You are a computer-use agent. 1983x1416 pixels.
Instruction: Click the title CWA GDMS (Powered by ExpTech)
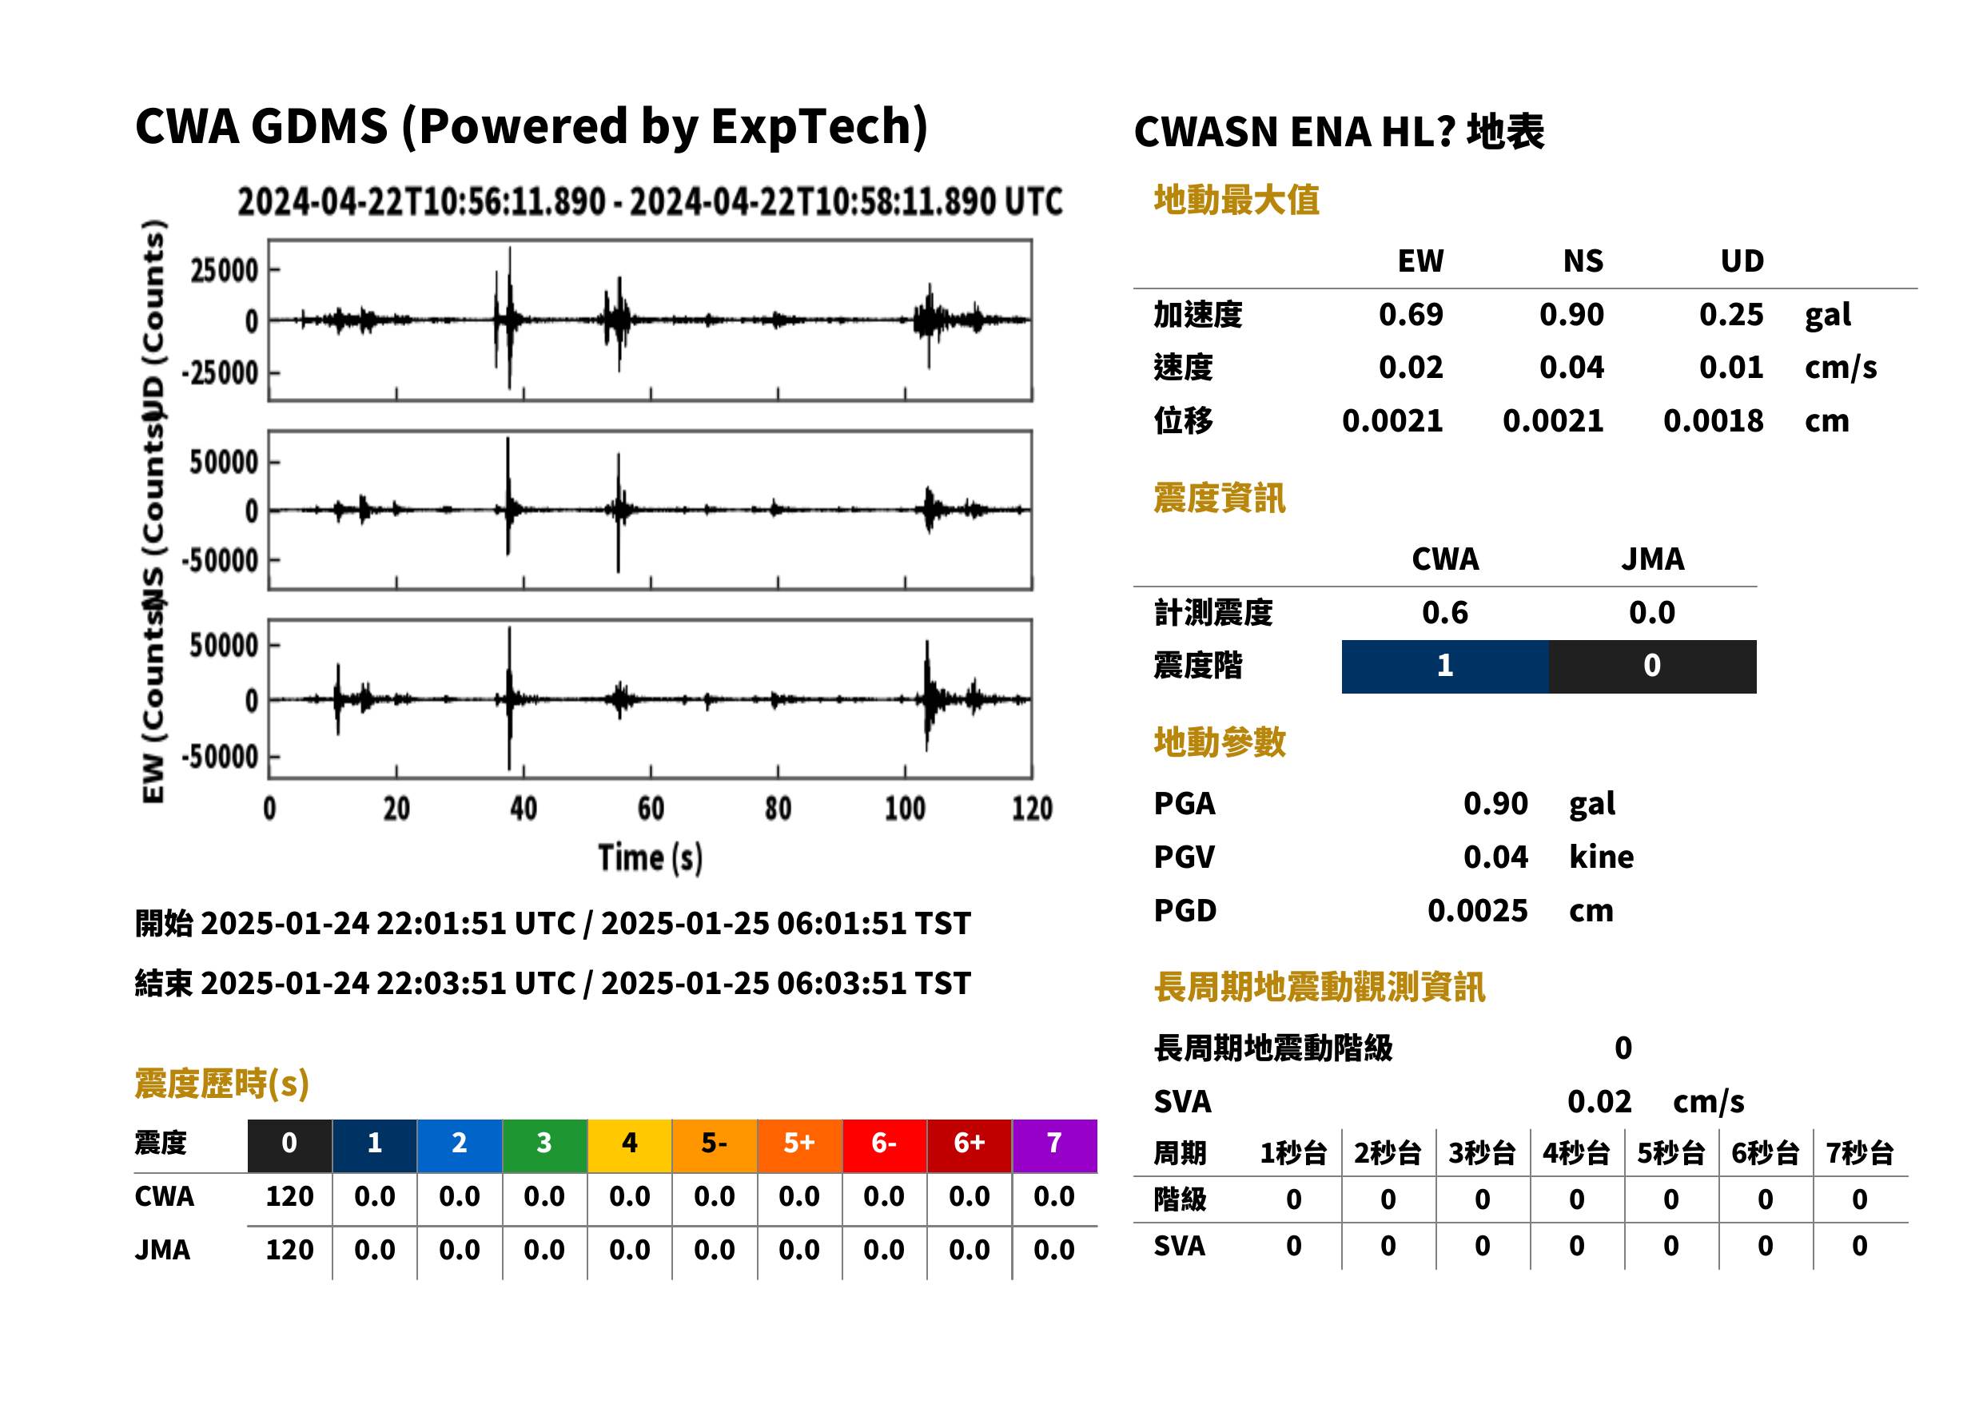tap(531, 126)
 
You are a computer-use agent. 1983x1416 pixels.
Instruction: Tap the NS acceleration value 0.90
tap(1571, 315)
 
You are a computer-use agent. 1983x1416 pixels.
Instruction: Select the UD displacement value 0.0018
tap(1713, 421)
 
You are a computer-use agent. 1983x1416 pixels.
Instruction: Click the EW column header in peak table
tap(1420, 261)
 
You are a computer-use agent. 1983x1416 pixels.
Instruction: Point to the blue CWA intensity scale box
tap(1444, 666)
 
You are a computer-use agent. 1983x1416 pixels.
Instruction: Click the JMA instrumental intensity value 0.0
tap(1651, 613)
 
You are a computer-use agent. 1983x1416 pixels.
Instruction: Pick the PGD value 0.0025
tap(1477, 911)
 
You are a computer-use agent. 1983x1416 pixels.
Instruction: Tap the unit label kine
tap(1601, 857)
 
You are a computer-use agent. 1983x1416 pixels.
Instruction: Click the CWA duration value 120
tap(289, 1197)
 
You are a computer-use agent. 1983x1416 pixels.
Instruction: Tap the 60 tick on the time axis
tap(651, 809)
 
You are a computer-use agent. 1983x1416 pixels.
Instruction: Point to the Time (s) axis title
tap(651, 858)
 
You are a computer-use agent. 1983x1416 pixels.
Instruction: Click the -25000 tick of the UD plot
tap(220, 373)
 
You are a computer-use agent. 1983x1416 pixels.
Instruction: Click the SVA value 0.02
tap(1599, 1102)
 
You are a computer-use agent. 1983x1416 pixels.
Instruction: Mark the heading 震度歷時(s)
tap(222, 1084)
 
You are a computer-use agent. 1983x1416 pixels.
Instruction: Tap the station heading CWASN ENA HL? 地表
tap(1339, 133)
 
